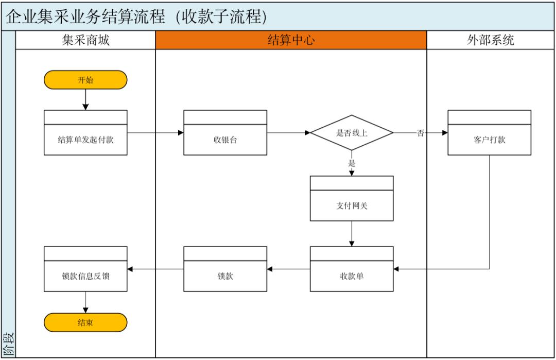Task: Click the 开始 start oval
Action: [85, 80]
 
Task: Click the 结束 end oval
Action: [85, 322]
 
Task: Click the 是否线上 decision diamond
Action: [352, 133]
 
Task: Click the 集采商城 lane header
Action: [85, 40]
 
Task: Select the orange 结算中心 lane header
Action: [291, 40]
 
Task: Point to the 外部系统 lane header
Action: [490, 40]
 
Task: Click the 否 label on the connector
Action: [421, 133]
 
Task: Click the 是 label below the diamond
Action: [352, 164]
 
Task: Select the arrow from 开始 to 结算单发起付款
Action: [85, 99]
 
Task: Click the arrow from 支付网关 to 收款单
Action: [352, 234]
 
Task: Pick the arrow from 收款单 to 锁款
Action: [288, 269]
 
